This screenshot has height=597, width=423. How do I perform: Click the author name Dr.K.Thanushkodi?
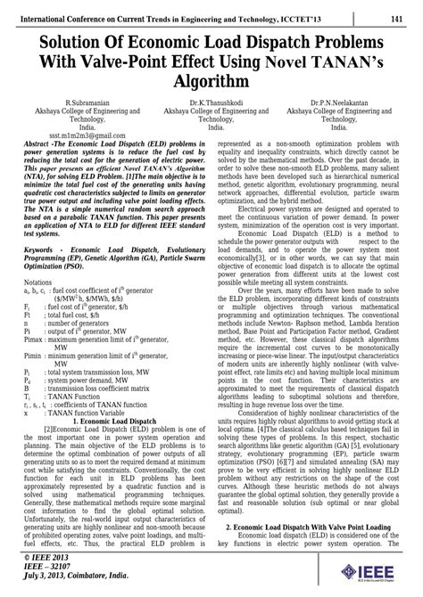pyautogui.click(x=211, y=105)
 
